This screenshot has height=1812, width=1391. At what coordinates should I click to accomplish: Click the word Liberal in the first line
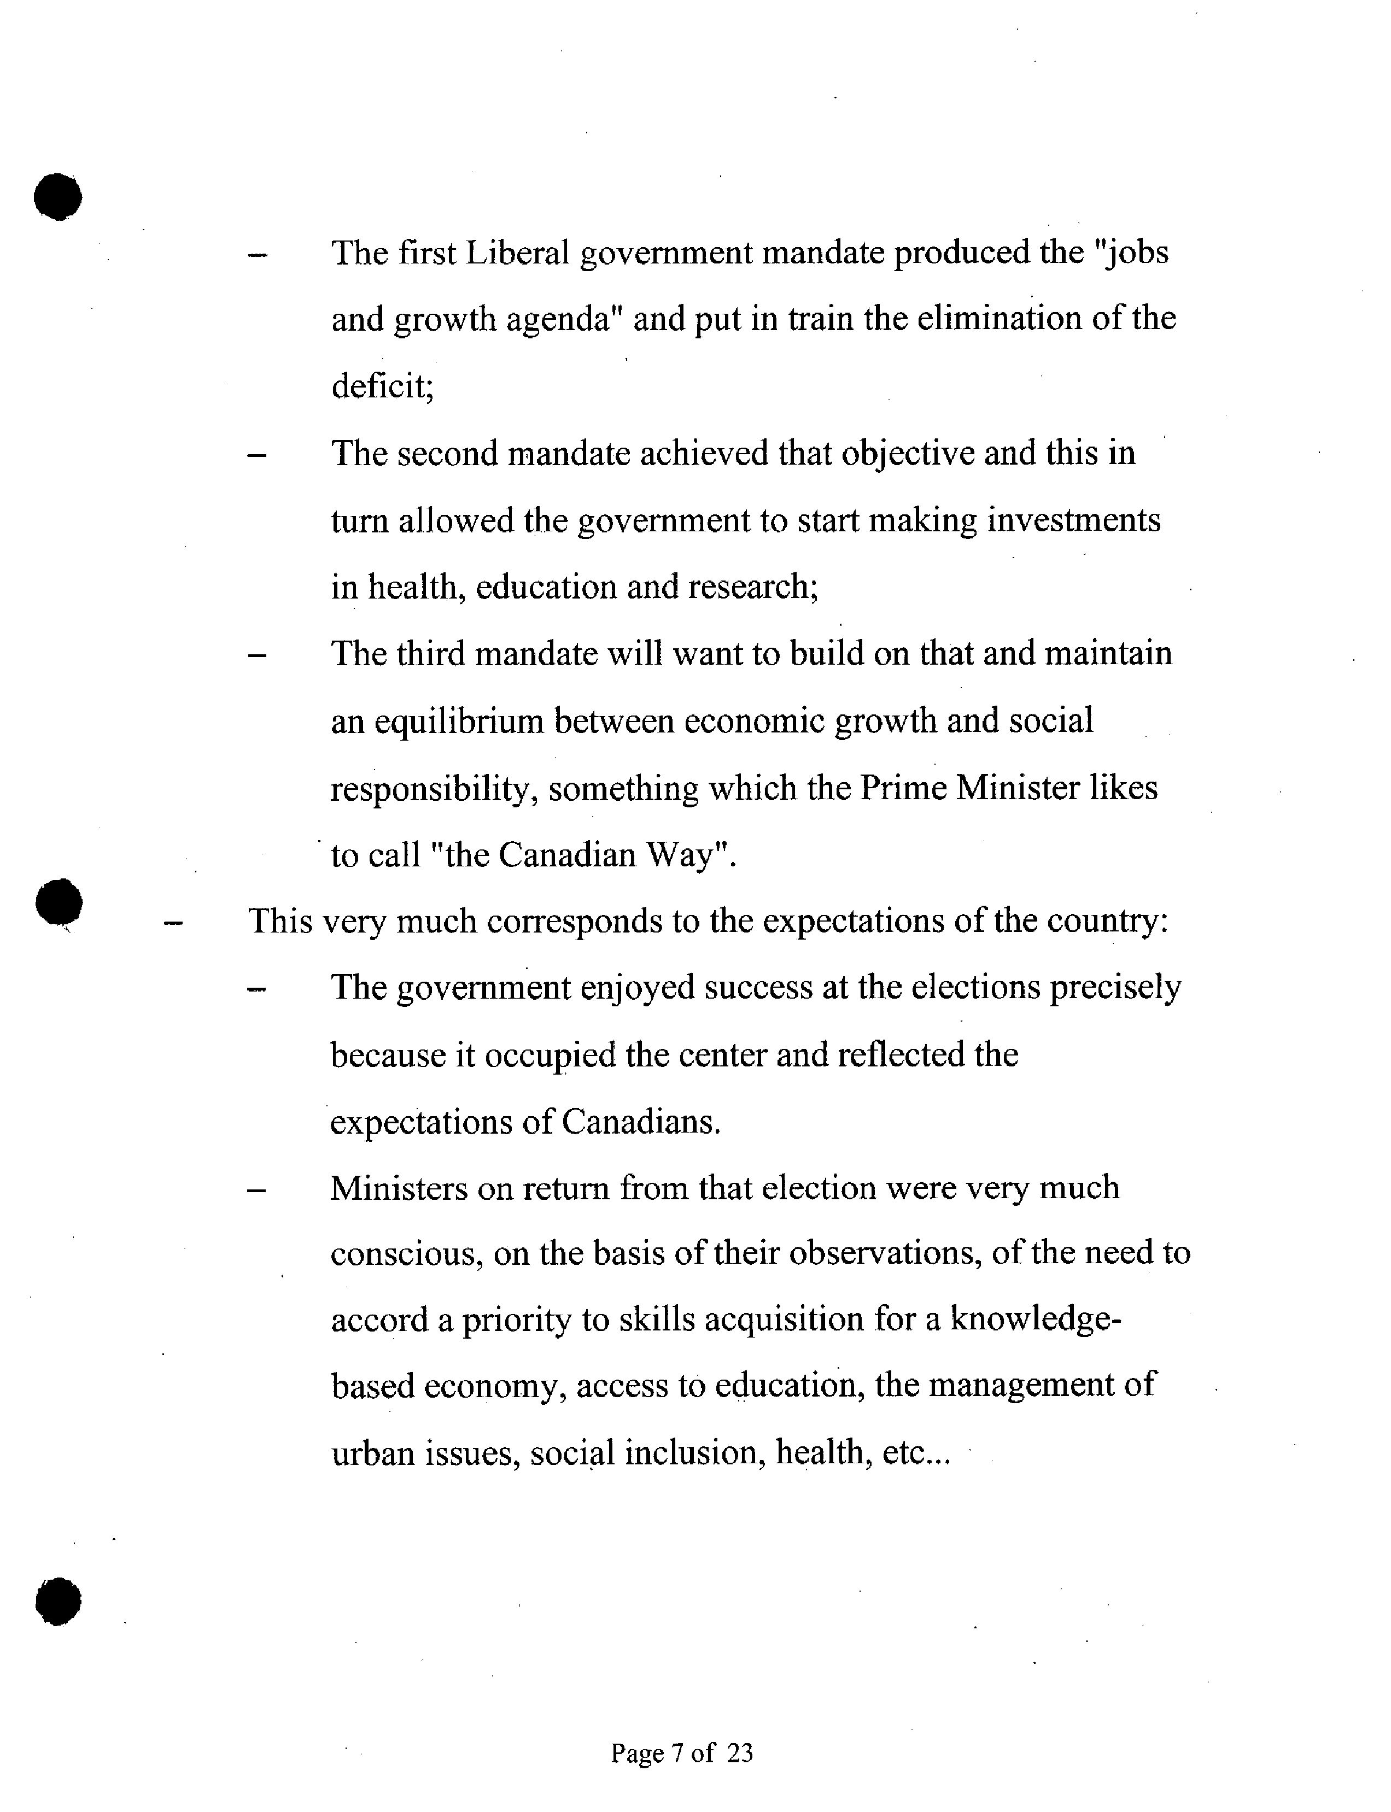pos(517,253)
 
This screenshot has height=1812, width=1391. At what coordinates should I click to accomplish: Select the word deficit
pos(382,386)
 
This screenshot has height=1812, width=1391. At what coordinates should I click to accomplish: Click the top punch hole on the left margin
pos(58,197)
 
